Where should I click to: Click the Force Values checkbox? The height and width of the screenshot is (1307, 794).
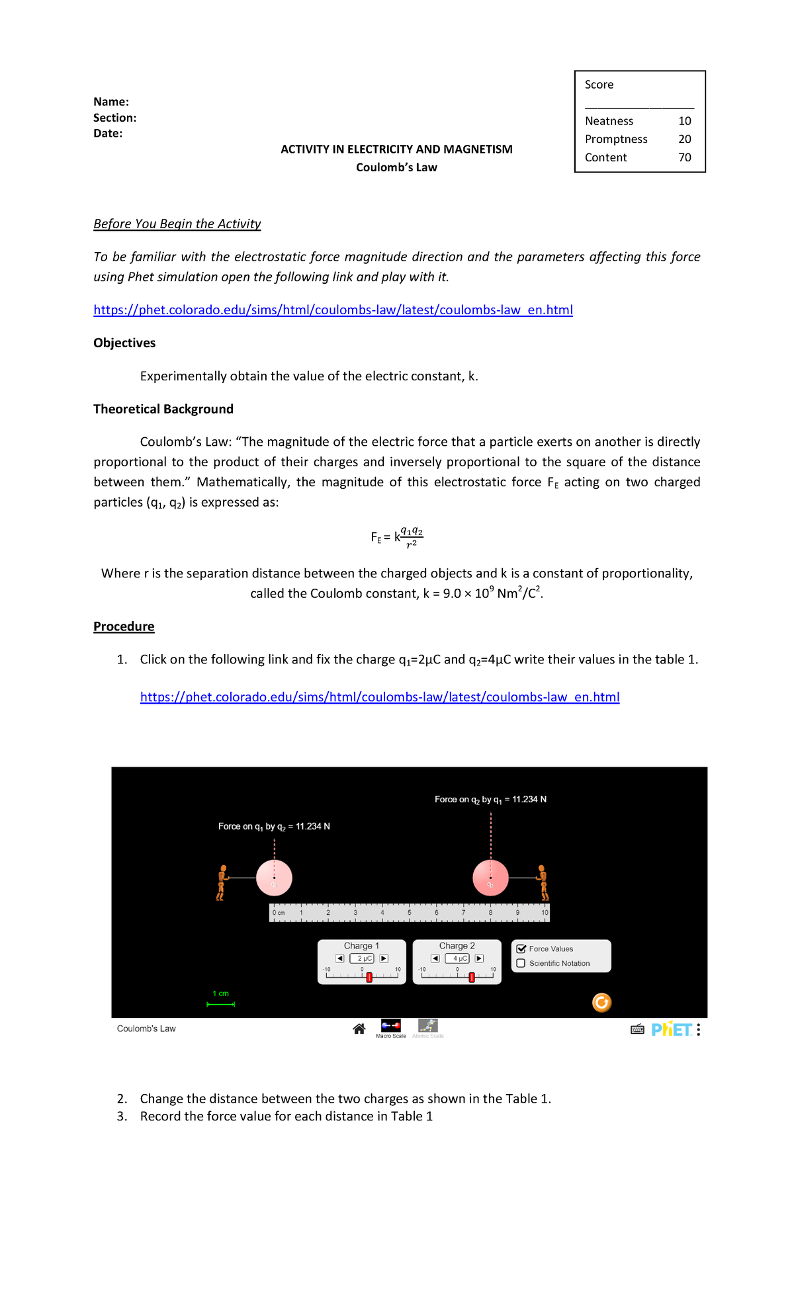tap(521, 949)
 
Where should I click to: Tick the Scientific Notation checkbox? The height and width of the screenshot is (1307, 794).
tap(521, 963)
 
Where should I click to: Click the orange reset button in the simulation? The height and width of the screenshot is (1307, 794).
tap(601, 1003)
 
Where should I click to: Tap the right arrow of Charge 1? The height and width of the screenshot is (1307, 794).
tap(384, 958)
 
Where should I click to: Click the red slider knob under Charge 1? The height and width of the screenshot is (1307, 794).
tap(369, 978)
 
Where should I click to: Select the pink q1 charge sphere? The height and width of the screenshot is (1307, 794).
tap(274, 878)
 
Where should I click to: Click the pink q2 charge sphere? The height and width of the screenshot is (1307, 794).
tap(490, 878)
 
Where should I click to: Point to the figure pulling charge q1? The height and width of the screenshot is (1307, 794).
tap(222, 882)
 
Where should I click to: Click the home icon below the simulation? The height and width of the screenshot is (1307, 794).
tap(359, 1029)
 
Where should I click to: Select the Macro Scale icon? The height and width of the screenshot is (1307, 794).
tap(390, 1027)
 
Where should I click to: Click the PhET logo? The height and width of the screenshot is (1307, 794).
tap(671, 1029)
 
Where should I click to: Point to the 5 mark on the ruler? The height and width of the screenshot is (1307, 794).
tap(409, 913)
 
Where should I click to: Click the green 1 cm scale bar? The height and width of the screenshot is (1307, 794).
tap(221, 1004)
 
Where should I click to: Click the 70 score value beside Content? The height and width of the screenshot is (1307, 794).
tap(684, 157)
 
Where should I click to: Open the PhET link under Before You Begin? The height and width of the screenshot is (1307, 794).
tap(333, 310)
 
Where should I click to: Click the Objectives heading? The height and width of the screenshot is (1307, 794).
tap(124, 343)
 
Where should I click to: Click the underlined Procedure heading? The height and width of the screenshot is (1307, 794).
tap(124, 626)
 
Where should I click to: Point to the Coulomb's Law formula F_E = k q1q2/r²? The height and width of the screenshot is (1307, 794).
tap(396, 537)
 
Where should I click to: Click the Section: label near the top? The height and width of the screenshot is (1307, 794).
tap(114, 118)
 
